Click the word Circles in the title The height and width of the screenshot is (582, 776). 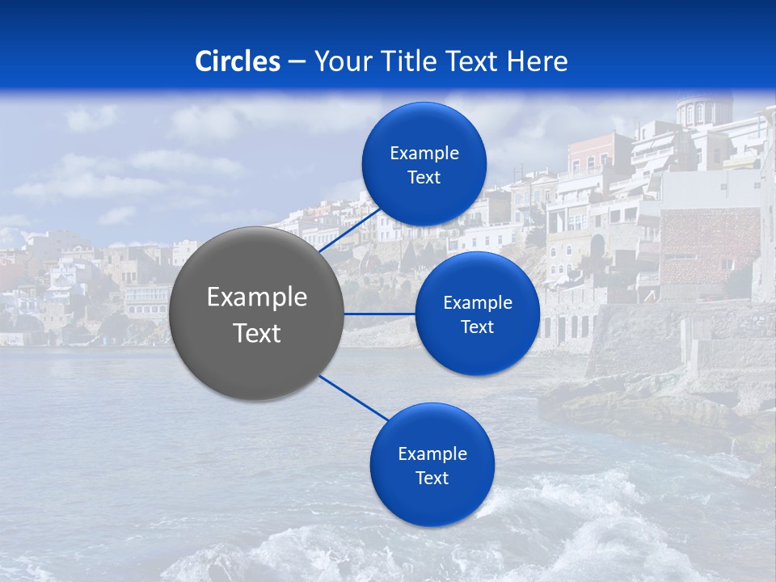tap(237, 61)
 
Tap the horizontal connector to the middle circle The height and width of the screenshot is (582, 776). tap(380, 314)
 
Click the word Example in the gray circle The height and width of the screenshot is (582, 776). tap(257, 297)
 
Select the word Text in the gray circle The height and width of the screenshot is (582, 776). tap(257, 333)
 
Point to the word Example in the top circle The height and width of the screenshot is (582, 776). tap(424, 154)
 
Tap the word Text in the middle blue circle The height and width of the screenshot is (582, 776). tap(477, 327)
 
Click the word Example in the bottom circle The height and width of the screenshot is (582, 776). tap(432, 453)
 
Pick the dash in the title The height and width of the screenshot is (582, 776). tap(297, 62)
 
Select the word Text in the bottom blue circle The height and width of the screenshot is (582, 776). tap(432, 478)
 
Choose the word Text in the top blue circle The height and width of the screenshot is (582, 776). tap(424, 178)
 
